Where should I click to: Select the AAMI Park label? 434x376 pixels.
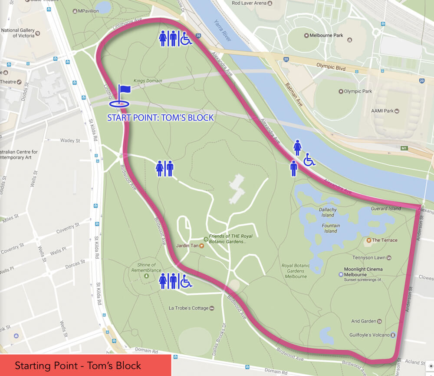coord(382,111)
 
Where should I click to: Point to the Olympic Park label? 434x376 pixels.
coord(358,91)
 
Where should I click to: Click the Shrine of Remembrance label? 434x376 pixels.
coord(146,267)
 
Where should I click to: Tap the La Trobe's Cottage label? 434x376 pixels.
coord(189,308)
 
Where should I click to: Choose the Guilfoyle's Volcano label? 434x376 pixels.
coord(369,335)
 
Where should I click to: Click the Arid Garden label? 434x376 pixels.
coord(364,321)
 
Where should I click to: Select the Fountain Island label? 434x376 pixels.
coord(331,228)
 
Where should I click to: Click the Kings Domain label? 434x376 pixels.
coord(148,81)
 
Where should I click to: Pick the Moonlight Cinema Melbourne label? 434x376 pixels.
coord(363,272)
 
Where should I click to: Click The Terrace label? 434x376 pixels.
coord(384,240)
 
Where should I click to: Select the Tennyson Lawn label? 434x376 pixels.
coord(368,258)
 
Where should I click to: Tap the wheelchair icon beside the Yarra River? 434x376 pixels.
coord(309,160)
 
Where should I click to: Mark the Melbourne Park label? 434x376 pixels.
coord(326,36)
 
